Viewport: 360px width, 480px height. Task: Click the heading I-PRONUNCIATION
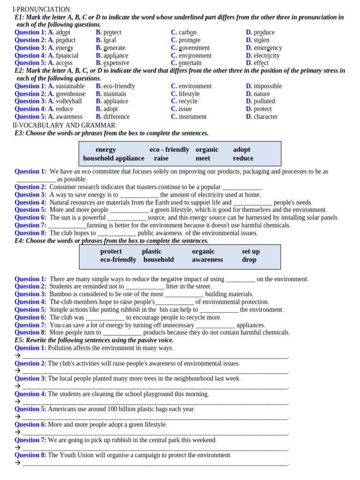pos(42,9)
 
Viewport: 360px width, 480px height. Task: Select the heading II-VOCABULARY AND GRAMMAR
pos(64,125)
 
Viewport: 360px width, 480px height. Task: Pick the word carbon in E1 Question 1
pos(187,32)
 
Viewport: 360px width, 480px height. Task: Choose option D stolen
pos(262,40)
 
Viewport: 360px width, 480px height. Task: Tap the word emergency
pos(268,48)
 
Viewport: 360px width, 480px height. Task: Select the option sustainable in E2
pos(70,86)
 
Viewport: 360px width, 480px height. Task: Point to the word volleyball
pos(69,101)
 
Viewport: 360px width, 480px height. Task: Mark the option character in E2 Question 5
pos(265,117)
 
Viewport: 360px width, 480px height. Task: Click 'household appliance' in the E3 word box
pos(113,158)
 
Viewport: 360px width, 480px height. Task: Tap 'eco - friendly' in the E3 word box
pos(169,150)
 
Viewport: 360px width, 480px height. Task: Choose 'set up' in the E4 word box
pos(251,251)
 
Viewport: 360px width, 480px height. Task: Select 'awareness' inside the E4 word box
pos(207,260)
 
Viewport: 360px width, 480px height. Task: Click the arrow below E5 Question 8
pos(17,463)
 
